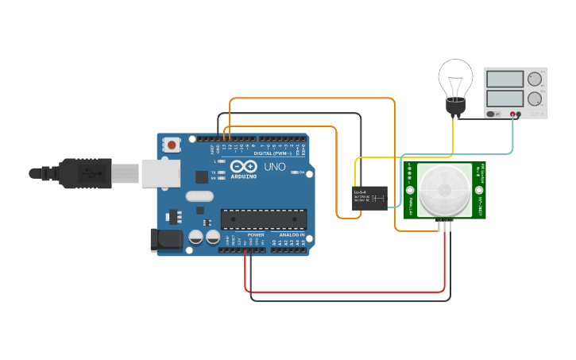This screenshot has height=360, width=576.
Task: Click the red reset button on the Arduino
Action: [172, 145]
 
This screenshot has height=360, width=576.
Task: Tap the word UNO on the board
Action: [274, 168]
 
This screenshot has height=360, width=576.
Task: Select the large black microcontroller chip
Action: [263, 219]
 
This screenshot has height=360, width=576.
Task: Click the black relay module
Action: [369, 198]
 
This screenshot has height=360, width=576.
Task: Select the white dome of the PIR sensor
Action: [444, 190]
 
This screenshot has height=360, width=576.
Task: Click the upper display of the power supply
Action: [504, 79]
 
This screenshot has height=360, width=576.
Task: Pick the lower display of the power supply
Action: [504, 99]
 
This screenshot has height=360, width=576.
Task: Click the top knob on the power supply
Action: [535, 79]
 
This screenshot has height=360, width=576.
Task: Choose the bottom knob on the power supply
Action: [535, 99]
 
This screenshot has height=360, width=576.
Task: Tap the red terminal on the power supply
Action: [519, 114]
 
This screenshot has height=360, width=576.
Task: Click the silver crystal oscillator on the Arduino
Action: [200, 196]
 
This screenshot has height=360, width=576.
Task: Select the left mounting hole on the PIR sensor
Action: [410, 191]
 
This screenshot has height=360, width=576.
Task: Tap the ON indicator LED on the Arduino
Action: [296, 172]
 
